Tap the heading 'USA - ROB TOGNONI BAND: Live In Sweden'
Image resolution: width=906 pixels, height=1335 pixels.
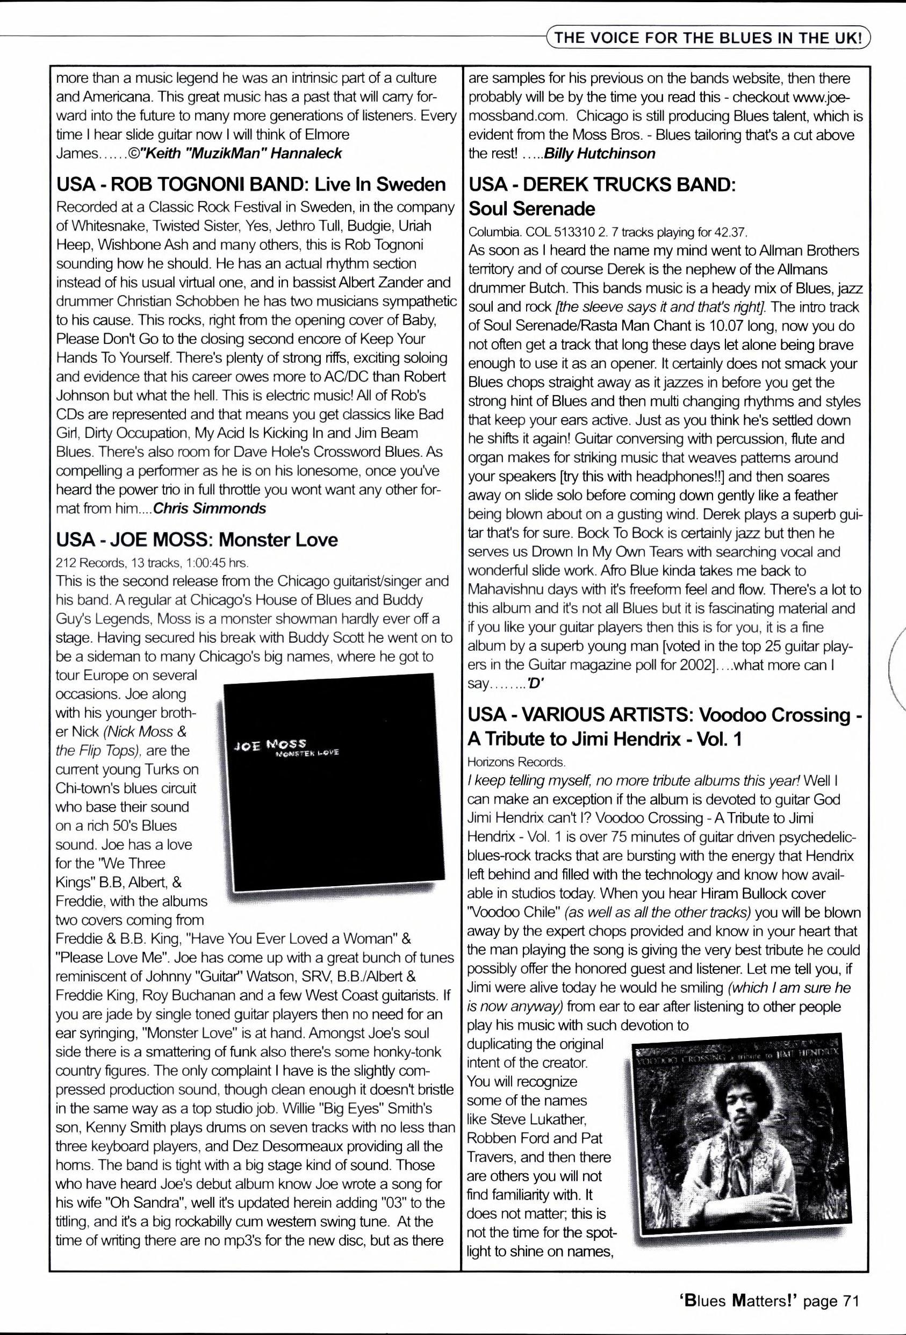point(251,184)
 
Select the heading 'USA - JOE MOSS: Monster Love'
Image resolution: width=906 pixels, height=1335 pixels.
point(197,540)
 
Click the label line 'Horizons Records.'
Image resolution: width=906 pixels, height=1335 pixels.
point(516,762)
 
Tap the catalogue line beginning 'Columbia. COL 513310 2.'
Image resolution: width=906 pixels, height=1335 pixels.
point(608,233)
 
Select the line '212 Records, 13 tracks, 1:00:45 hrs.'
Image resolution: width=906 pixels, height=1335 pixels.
point(152,562)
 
